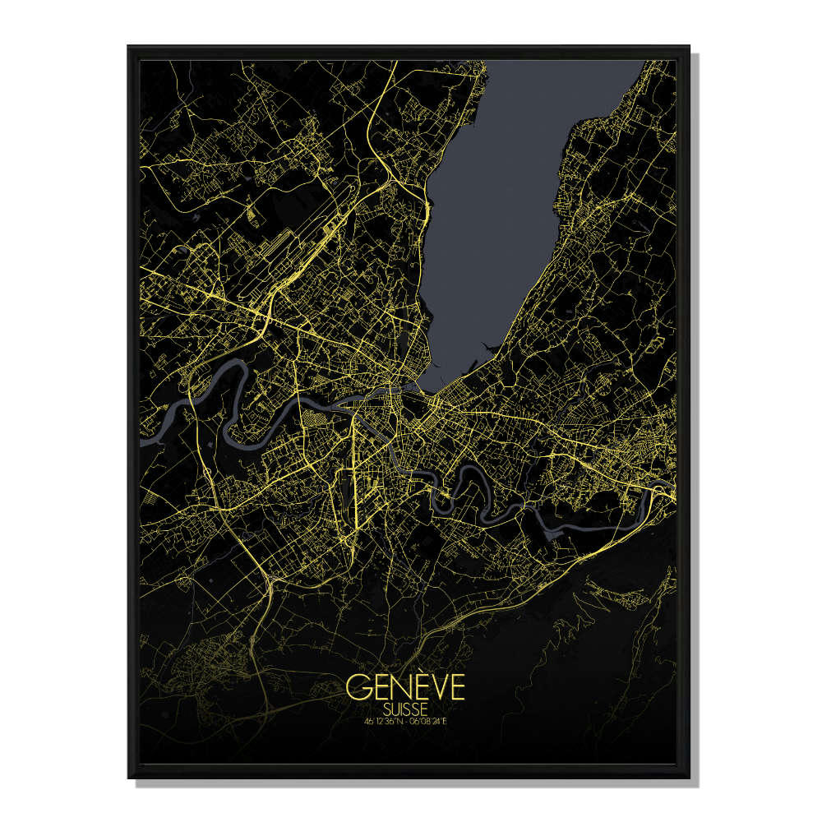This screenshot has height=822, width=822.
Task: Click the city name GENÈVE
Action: pos(405,687)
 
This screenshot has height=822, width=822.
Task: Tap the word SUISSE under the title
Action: pos(405,707)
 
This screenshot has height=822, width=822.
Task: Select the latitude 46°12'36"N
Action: pos(386,722)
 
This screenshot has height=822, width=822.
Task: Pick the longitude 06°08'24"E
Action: pos(429,722)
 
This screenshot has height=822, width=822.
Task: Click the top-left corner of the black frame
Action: pos(129,47)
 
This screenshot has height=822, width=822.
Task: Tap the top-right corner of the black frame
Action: pos(688,47)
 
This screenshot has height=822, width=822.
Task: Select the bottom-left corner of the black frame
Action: pos(129,776)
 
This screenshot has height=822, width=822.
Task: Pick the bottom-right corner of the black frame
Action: pos(688,776)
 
